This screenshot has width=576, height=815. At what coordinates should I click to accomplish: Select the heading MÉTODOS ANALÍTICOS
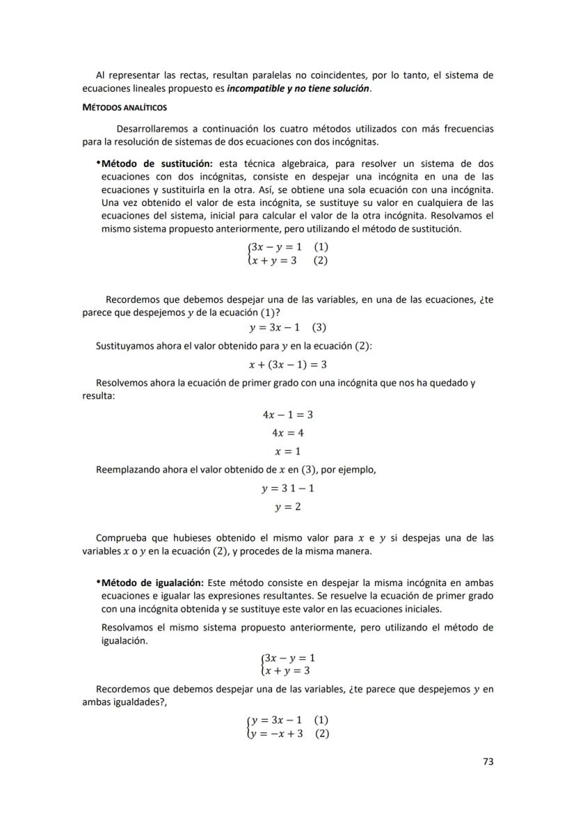[125, 108]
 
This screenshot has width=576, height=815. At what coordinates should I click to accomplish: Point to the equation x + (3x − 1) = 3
[288, 365]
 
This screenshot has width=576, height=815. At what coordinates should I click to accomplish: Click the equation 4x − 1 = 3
[288, 415]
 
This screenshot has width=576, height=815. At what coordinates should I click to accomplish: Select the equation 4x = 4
[288, 433]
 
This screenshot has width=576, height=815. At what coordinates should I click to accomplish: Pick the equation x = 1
[288, 451]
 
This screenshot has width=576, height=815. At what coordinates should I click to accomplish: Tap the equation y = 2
[288, 507]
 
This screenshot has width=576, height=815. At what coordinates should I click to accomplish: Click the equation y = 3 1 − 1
[288, 489]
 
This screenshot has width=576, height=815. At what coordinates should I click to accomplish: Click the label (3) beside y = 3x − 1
[319, 327]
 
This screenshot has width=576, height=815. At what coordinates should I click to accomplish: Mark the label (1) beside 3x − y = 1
[321, 247]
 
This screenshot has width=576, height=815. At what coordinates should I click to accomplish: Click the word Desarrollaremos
[153, 129]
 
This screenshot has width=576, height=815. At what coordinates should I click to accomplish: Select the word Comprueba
[120, 538]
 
